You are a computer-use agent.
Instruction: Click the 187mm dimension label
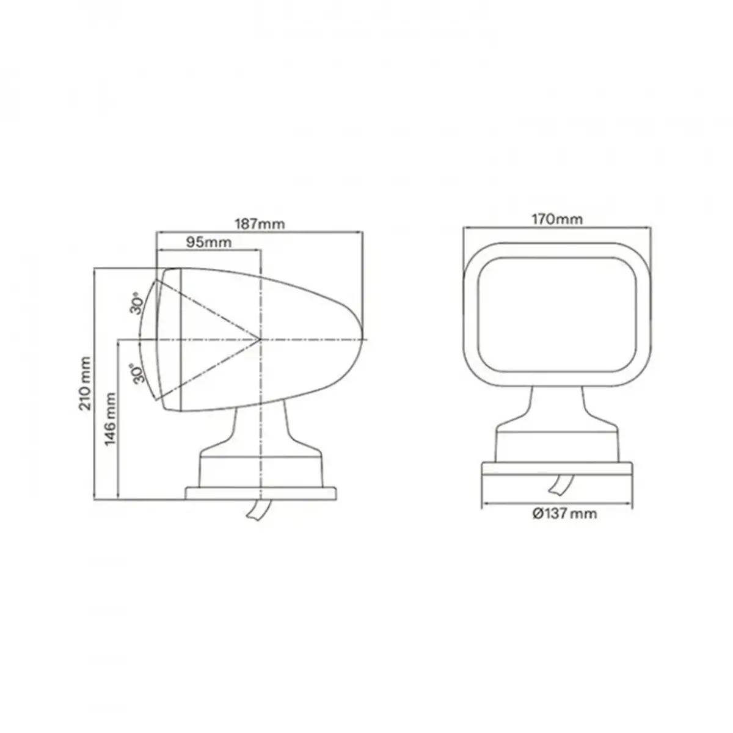(x=260, y=224)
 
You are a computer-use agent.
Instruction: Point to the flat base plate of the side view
(x=261, y=494)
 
